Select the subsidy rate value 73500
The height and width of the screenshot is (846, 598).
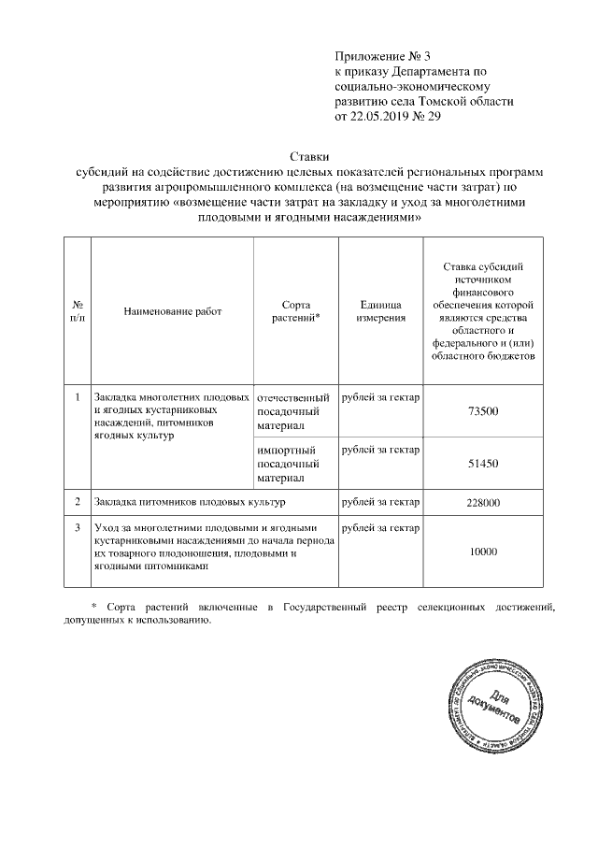(x=483, y=412)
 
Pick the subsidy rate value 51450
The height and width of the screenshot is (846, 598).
(x=483, y=464)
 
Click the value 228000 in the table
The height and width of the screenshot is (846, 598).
(x=483, y=503)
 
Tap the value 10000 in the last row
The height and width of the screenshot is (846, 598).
(x=483, y=552)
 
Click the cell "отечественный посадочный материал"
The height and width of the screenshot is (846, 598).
(x=292, y=411)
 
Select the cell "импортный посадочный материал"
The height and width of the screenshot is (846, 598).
(x=289, y=464)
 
